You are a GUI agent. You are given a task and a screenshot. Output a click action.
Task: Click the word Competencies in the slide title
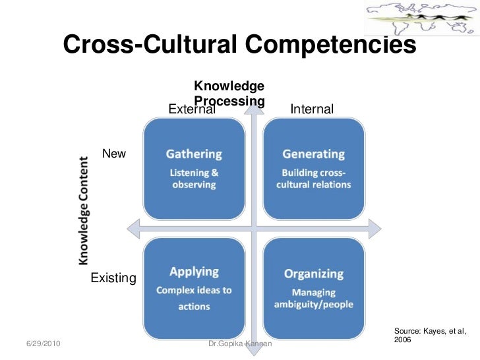pyautogui.click(x=331, y=45)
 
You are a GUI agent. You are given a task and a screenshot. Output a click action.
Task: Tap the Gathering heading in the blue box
pyautogui.click(x=194, y=154)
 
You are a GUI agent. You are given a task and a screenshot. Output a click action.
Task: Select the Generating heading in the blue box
pyautogui.click(x=313, y=154)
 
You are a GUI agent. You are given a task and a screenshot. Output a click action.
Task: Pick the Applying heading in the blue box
pyautogui.click(x=194, y=271)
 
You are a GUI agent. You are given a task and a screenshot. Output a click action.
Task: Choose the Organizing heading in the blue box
pyautogui.click(x=313, y=273)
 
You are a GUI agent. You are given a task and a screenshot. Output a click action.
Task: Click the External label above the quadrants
pyautogui.click(x=192, y=109)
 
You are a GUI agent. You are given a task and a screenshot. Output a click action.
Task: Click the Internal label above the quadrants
pyautogui.click(x=312, y=109)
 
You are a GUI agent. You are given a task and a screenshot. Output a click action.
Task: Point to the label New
pyautogui.click(x=114, y=154)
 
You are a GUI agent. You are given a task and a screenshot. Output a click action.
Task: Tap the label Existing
pyautogui.click(x=113, y=278)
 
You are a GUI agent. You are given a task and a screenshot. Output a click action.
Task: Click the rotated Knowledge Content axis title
pyautogui.click(x=85, y=211)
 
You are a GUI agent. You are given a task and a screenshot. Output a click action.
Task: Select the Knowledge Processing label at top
pyautogui.click(x=229, y=94)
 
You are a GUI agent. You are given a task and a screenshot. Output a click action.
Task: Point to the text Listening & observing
pyautogui.click(x=194, y=179)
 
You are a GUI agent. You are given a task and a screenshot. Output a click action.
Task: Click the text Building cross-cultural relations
pyautogui.click(x=313, y=179)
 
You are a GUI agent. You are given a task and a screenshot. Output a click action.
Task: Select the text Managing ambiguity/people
pyautogui.click(x=313, y=298)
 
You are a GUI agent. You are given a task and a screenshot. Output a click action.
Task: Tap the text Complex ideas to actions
pyautogui.click(x=194, y=298)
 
